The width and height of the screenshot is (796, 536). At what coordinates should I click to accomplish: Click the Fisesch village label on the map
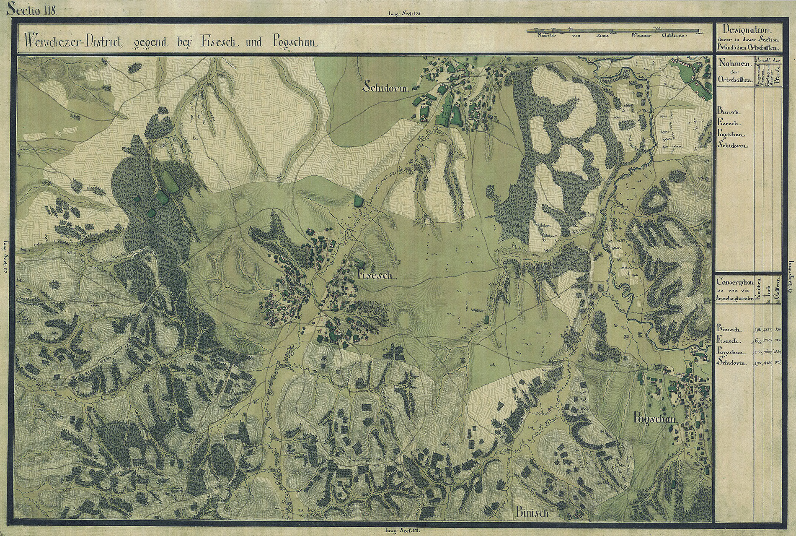(x=375, y=276)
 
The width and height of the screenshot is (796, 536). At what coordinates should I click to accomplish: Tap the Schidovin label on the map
(x=385, y=88)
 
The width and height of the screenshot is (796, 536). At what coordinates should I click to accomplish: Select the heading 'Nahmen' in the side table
(x=734, y=63)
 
